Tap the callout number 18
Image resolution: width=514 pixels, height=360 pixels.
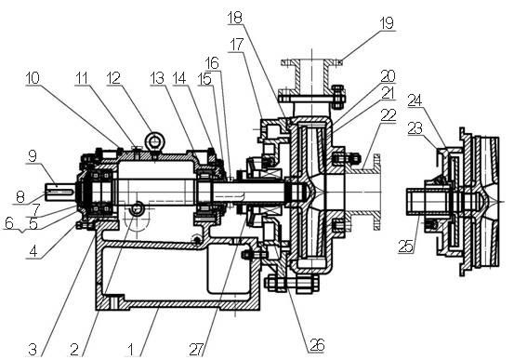[234, 17]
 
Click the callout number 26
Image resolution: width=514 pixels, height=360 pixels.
[318, 345]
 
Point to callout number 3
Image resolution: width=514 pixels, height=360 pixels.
[33, 350]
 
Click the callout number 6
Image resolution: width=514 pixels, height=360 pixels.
[8, 222]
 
